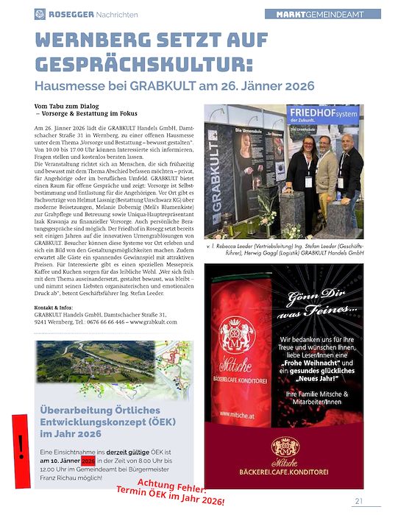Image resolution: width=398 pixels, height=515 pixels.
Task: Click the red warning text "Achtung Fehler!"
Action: (x=172, y=488)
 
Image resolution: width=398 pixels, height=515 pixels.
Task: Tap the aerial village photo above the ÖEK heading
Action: (x=113, y=367)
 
